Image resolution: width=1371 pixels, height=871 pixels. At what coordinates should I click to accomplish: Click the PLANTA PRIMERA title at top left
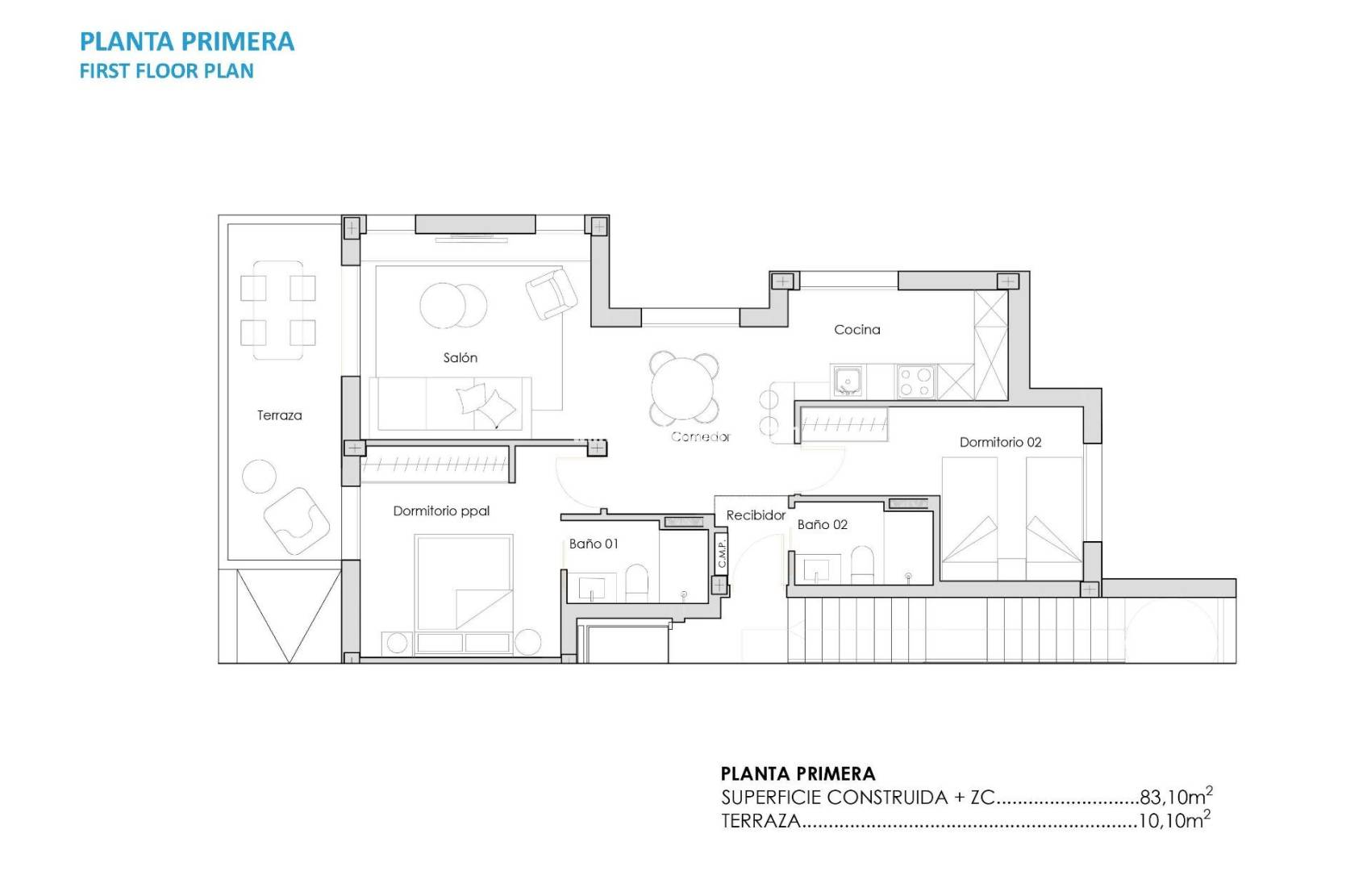pyautogui.click(x=187, y=42)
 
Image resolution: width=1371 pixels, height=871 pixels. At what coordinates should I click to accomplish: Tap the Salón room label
pyautogui.click(x=460, y=357)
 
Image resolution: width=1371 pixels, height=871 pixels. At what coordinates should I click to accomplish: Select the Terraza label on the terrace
pyautogui.click(x=279, y=415)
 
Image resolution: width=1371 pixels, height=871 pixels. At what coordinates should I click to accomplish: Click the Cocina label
pyautogui.click(x=856, y=329)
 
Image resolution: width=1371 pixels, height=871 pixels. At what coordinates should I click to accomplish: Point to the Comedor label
pyautogui.click(x=700, y=436)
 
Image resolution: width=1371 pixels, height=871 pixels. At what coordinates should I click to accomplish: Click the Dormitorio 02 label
pyautogui.click(x=1000, y=442)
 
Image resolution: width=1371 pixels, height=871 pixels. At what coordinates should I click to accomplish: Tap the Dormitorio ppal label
pyautogui.click(x=441, y=511)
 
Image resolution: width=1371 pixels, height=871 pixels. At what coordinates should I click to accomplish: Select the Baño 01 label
pyautogui.click(x=594, y=544)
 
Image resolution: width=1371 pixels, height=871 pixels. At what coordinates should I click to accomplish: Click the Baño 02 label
pyautogui.click(x=822, y=524)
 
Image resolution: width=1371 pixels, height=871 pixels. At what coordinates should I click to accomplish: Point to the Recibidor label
pyautogui.click(x=756, y=515)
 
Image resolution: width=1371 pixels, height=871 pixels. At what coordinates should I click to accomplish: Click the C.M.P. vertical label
pyautogui.click(x=722, y=552)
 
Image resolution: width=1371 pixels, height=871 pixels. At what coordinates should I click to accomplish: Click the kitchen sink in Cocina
pyautogui.click(x=847, y=381)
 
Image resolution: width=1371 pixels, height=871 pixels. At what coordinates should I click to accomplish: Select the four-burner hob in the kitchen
pyautogui.click(x=915, y=381)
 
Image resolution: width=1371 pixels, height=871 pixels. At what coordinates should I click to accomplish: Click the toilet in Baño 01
pyautogui.click(x=637, y=582)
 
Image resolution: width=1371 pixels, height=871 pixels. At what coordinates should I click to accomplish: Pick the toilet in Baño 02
pyautogui.click(x=862, y=564)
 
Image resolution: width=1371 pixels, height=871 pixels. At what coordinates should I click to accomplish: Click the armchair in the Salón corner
pyautogui.click(x=552, y=292)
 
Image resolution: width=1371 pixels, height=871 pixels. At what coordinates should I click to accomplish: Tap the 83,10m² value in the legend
pyautogui.click(x=1175, y=797)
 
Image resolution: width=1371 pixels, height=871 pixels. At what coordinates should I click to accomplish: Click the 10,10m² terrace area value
pyautogui.click(x=1173, y=821)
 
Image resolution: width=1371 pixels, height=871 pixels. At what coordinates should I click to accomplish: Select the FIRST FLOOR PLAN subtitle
pyautogui.click(x=166, y=71)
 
